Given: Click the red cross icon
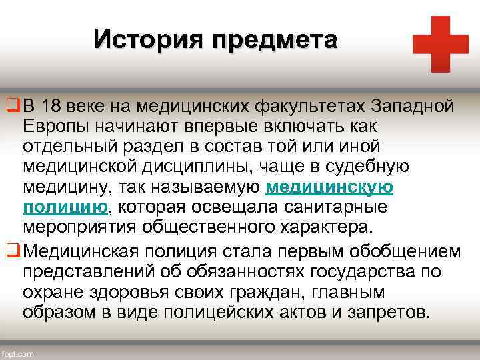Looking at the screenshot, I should point(440,44).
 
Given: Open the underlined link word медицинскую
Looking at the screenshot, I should point(329,187).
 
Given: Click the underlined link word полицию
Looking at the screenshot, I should point(65,206).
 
